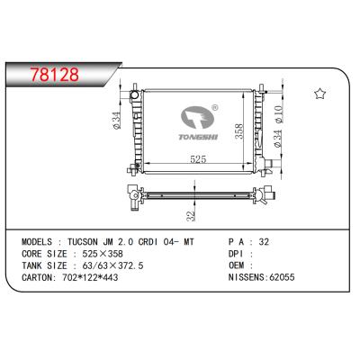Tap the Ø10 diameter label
[x=279, y=114]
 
